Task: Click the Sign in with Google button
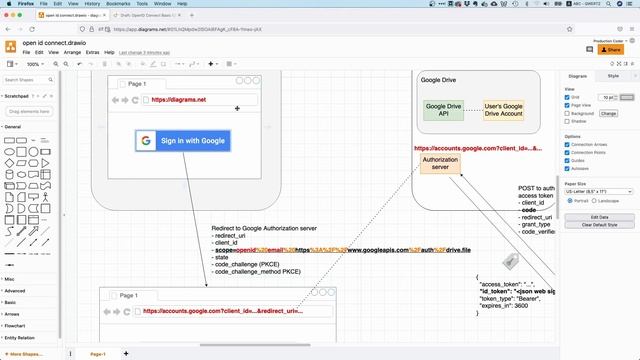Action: coord(184,141)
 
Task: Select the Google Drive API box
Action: coord(442,109)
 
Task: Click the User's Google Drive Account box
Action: coord(504,109)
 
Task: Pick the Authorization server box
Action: coord(441,164)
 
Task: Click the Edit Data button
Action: coord(600,217)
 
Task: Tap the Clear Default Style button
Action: coord(600,225)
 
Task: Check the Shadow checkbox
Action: coord(567,121)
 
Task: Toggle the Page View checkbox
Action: coord(567,105)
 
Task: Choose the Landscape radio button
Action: coord(599,200)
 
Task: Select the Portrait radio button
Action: coord(567,200)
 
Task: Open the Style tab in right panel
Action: coord(613,75)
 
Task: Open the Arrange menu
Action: coord(72,52)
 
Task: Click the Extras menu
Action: coord(92,52)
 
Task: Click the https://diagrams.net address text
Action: coord(178,100)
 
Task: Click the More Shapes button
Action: coord(26,353)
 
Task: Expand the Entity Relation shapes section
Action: coord(20,338)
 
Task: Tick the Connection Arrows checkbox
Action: coord(567,145)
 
